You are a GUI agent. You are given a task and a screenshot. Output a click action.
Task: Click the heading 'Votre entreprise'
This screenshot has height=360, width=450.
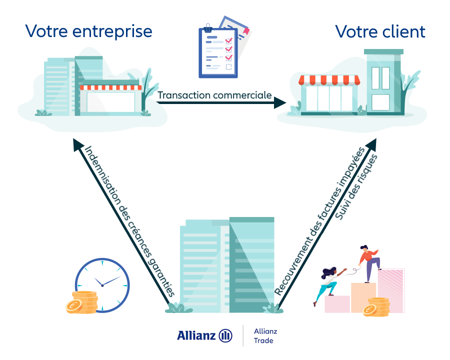point(88,31)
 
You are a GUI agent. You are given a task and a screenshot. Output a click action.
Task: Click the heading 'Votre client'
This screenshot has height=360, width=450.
point(380,31)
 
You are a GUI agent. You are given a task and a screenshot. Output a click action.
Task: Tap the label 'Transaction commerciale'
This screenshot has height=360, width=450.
point(214,94)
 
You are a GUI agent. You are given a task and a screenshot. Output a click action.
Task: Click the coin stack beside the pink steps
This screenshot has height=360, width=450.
point(376,306)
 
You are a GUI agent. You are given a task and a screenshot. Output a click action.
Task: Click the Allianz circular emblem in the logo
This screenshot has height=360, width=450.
point(225,335)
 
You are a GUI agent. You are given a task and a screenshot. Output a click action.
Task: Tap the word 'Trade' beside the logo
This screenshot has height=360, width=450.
point(263,341)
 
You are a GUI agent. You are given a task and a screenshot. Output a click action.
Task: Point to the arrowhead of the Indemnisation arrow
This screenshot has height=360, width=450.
point(77,145)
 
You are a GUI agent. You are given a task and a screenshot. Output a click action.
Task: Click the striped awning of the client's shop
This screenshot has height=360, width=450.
point(329,80)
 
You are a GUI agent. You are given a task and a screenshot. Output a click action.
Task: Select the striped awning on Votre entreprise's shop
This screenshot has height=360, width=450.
point(110,87)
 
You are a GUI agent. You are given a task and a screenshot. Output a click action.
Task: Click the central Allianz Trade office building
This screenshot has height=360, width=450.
point(227,265)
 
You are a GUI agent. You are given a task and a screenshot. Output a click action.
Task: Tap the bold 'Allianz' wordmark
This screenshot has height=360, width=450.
point(196,335)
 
